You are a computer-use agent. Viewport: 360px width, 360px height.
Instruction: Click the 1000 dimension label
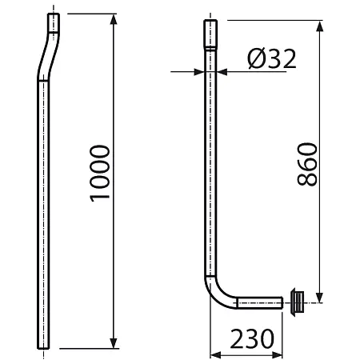pyautogui.click(x=100, y=174)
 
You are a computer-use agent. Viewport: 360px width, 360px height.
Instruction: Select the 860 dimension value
pyautogui.click(x=307, y=164)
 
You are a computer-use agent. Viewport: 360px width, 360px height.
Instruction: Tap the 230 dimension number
pyautogui.click(x=252, y=338)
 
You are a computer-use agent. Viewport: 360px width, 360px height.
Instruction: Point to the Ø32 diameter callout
pyautogui.click(x=271, y=58)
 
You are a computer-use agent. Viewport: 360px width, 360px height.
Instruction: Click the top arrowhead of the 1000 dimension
pyautogui.click(x=114, y=19)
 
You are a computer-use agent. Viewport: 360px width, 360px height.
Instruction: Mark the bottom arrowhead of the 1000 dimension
pyautogui.click(x=114, y=342)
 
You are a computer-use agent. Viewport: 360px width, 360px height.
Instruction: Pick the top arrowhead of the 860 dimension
pyautogui.click(x=319, y=26)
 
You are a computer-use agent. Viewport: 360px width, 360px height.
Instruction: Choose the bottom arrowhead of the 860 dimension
pyautogui.click(x=319, y=298)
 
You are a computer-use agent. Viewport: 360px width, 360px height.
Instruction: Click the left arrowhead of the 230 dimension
pyautogui.click(x=216, y=355)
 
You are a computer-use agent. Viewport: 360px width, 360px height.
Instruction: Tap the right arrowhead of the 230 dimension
pyautogui.click(x=277, y=355)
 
